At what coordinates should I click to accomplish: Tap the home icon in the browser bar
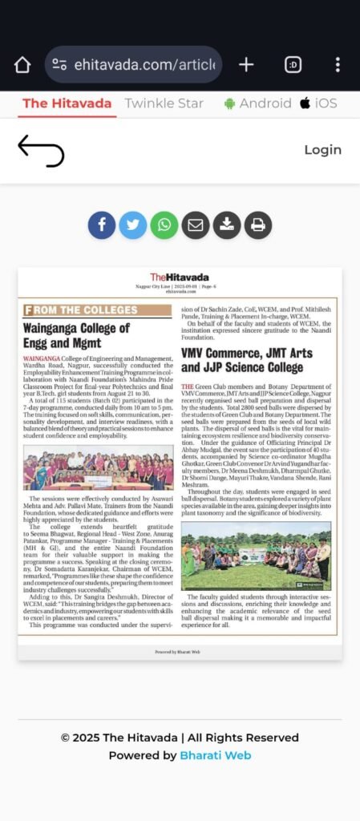[22, 65]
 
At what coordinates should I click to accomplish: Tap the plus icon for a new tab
[246, 65]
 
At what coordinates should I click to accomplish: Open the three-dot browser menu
[338, 65]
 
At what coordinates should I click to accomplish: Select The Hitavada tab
[68, 103]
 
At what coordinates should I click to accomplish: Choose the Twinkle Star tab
[164, 103]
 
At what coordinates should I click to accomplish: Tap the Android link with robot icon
[257, 103]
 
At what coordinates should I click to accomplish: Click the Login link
[322, 150]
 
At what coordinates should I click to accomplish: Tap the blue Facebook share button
[102, 225]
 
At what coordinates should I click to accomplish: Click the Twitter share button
[133, 225]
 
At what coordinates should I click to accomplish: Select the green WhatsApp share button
[164, 225]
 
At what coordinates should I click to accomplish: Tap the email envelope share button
[196, 225]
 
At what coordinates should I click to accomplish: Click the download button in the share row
[227, 225]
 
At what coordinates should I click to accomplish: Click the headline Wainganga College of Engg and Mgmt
[76, 335]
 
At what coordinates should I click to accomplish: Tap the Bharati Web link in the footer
[215, 755]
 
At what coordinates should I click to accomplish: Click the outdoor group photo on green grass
[256, 556]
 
